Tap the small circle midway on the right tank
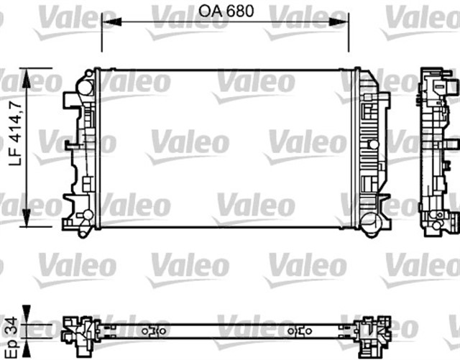click(372, 144)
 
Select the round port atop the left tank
click(85, 87)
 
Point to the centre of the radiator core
click(224, 148)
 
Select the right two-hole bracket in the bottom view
click(300, 331)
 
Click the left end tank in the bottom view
click(79, 331)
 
